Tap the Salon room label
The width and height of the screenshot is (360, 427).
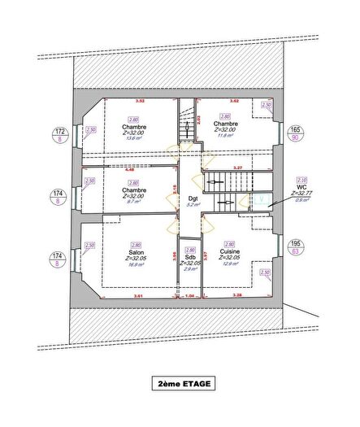136,253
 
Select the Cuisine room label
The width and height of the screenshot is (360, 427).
229,253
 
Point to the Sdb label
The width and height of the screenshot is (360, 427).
190,258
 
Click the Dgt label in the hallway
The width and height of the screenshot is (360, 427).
193,198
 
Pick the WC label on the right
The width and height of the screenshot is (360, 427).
302,187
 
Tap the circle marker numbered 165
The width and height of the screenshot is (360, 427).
296,134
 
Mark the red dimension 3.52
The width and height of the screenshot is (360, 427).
139,101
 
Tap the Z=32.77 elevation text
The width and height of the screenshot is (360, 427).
302,194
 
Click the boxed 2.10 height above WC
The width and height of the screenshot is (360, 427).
301,180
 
